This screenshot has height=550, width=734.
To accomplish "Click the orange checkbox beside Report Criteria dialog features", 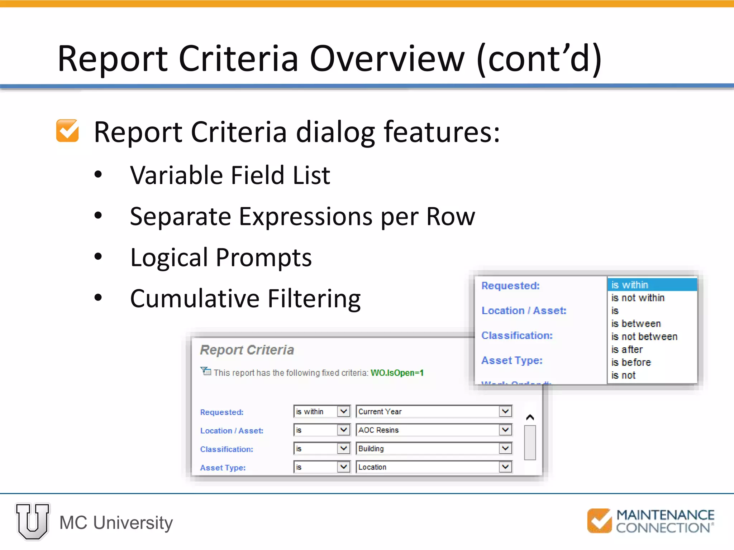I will [67, 131].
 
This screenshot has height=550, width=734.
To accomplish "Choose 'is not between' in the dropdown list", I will [644, 337].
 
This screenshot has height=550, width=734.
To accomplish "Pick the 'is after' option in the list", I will [627, 349].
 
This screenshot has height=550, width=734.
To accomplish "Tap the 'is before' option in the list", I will [631, 362].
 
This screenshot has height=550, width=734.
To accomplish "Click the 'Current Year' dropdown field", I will [433, 411].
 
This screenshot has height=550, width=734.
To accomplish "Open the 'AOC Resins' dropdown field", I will [433, 430].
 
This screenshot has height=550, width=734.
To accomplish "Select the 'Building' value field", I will [433, 449].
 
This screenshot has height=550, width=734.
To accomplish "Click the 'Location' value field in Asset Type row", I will [433, 467].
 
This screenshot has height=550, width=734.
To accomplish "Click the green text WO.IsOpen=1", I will [397, 373].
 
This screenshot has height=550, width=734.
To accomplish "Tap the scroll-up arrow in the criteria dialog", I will [530, 418].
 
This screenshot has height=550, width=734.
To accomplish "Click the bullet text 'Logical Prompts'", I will [221, 257].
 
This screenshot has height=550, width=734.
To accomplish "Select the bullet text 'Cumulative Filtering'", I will [245, 299].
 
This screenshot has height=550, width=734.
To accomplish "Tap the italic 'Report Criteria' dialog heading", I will [247, 350].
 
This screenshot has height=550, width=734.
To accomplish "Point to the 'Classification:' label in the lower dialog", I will [227, 449].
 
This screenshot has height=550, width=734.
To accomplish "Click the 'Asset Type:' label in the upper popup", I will [512, 361].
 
